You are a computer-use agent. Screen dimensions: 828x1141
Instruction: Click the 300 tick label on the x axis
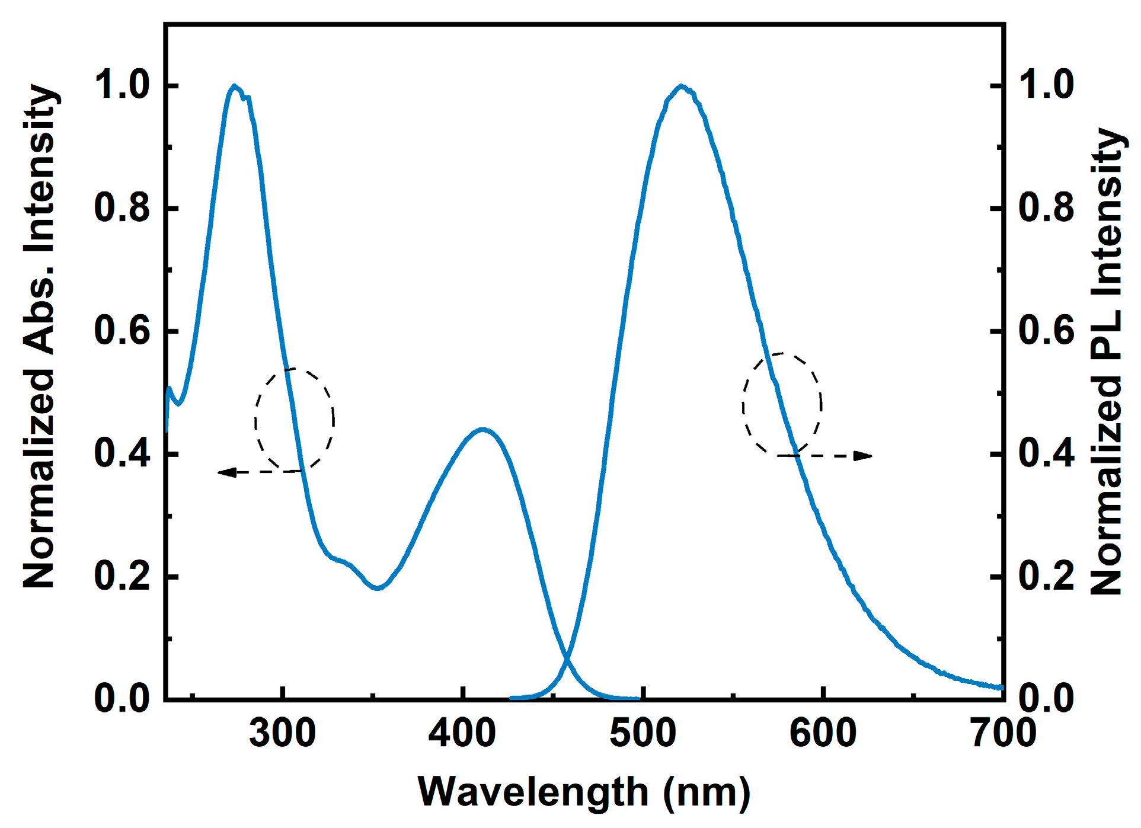(x=282, y=734)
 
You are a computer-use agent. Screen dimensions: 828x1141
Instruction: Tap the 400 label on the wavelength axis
(x=462, y=734)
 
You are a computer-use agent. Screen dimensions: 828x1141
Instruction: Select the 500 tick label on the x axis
(x=643, y=734)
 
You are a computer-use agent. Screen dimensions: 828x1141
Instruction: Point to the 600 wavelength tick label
(x=823, y=734)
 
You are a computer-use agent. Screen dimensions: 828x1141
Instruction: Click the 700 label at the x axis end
(x=1003, y=734)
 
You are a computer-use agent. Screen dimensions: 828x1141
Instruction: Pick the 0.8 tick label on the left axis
(x=122, y=209)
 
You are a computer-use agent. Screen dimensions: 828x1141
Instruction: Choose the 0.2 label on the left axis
(x=122, y=577)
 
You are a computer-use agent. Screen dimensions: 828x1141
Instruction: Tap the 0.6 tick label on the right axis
(x=1046, y=331)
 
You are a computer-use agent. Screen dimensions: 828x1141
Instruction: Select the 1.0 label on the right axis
(x=1046, y=86)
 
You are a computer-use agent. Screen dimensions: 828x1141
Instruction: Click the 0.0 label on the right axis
(x=1046, y=699)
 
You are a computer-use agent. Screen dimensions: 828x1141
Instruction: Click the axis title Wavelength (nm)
(x=584, y=793)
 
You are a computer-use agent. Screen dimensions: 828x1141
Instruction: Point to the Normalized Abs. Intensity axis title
(x=39, y=336)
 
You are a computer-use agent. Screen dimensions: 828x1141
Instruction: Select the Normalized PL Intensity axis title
(x=1107, y=362)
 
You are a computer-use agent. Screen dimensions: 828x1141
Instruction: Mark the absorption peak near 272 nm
(x=234, y=87)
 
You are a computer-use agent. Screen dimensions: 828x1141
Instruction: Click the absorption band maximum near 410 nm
(x=484, y=429)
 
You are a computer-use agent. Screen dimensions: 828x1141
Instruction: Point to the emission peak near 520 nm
(x=682, y=87)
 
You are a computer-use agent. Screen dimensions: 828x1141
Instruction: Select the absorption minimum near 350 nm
(x=378, y=588)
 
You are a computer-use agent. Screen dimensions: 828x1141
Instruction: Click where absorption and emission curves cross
(x=568, y=658)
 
